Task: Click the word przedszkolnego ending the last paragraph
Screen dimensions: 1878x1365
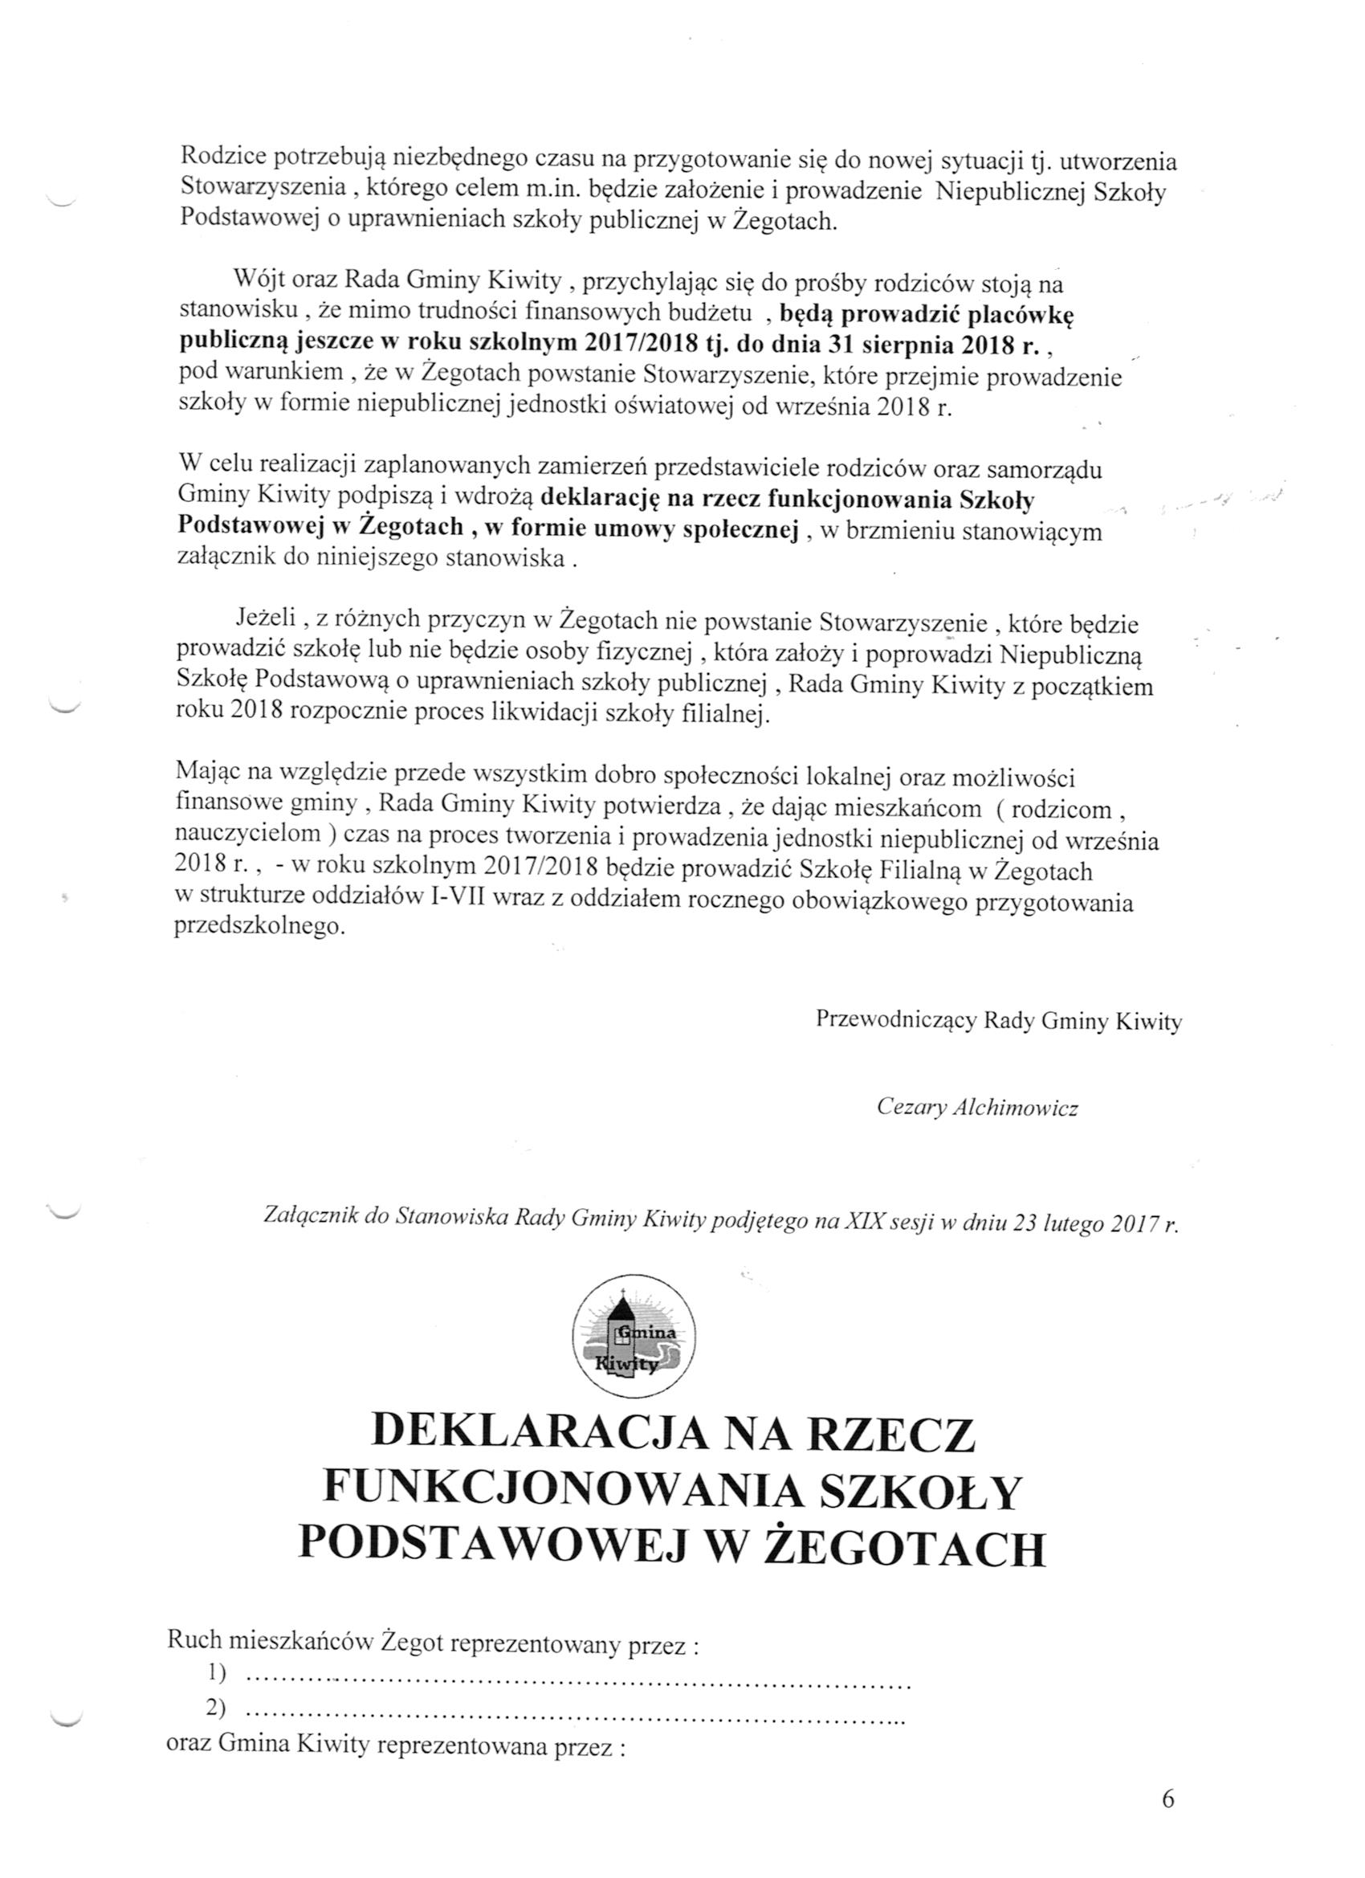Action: click(259, 928)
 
